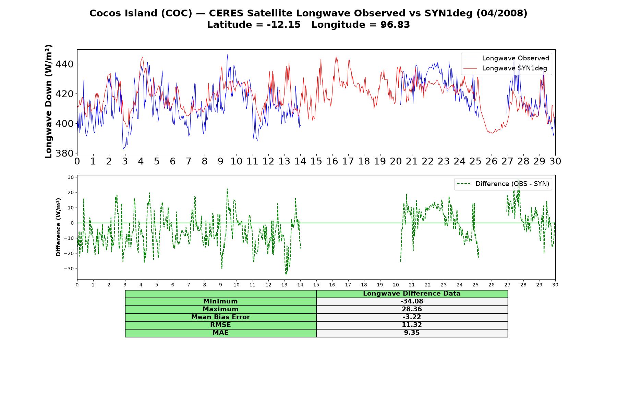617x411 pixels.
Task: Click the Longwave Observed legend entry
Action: pyautogui.click(x=506, y=58)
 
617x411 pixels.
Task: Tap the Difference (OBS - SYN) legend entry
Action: pyautogui.click(x=503, y=184)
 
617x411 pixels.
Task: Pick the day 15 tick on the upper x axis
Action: pyautogui.click(x=316, y=161)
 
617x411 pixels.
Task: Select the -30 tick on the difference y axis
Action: pyautogui.click(x=69, y=269)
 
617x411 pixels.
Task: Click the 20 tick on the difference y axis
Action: pyautogui.click(x=71, y=192)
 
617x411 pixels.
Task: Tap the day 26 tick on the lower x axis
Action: pyautogui.click(x=492, y=285)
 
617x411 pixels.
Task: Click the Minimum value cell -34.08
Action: pyautogui.click(x=412, y=301)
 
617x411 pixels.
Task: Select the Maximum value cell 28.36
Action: pyautogui.click(x=412, y=309)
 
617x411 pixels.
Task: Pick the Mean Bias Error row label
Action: pyautogui.click(x=220, y=317)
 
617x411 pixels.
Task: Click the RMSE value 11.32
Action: pyautogui.click(x=412, y=325)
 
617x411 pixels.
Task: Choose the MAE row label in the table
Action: pyautogui.click(x=220, y=333)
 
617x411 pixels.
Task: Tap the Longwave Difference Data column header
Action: pyautogui.click(x=412, y=294)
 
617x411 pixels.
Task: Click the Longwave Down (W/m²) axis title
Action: pyautogui.click(x=49, y=101)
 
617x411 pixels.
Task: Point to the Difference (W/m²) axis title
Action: pyautogui.click(x=58, y=227)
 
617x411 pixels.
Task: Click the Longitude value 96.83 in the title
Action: pyautogui.click(x=395, y=25)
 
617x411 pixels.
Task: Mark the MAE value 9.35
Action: pyautogui.click(x=412, y=333)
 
